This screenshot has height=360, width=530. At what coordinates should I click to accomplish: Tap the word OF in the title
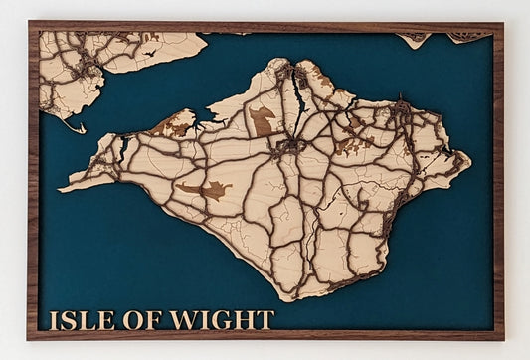pos(147,319)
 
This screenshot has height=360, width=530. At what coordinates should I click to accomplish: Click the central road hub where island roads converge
pos(290,146)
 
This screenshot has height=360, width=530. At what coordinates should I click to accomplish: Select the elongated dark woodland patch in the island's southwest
pos(203,189)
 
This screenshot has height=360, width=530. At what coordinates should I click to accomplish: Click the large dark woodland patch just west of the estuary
pos(263,121)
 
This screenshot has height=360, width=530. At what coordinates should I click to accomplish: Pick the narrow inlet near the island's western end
pos(124,149)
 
